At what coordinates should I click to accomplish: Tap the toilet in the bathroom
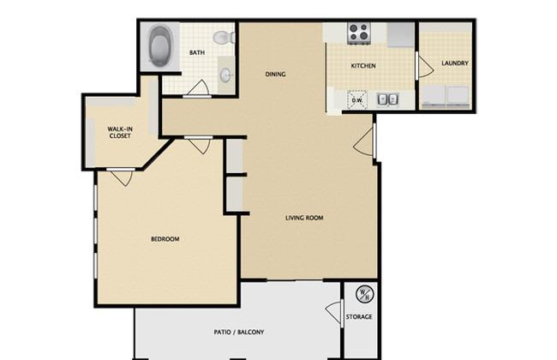coord(225,38)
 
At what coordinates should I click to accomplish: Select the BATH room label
coord(197,53)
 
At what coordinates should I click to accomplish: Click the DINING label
coord(274,75)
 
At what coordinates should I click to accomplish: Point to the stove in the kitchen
coord(358,33)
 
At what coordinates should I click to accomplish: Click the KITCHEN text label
coord(364,66)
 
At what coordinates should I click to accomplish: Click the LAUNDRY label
coord(455,63)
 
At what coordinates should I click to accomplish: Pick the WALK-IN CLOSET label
coord(119,132)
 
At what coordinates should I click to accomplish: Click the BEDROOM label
coord(165,238)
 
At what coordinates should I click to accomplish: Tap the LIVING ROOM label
coord(304,218)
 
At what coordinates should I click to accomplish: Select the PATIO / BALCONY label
coord(238,332)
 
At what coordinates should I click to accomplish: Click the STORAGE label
coord(359,317)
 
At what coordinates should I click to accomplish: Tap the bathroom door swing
coord(197,87)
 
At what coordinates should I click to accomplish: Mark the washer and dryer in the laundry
coord(444,97)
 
